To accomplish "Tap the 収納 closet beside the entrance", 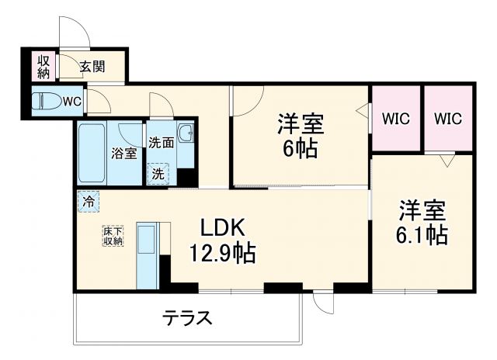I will tap(41, 66).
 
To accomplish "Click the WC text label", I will tap(71, 102).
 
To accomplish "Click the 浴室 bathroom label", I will tap(124, 153).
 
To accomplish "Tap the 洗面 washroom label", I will tap(161, 143).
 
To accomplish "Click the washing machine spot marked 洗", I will tap(158, 173).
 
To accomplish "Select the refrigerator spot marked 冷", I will tap(89, 201).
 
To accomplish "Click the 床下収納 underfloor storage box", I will tap(113, 236).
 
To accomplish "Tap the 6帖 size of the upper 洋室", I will tap(299, 148).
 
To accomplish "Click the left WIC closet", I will tap(395, 119).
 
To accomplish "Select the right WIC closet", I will tap(447, 119).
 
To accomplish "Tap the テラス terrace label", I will tap(187, 317).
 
